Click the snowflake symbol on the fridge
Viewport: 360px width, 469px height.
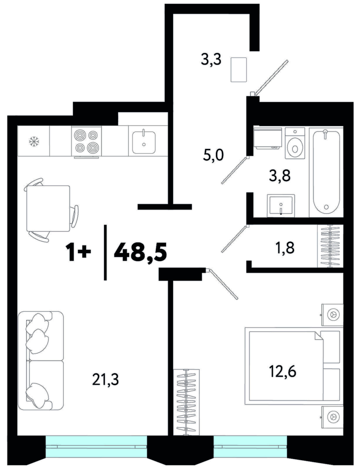coord(34,141)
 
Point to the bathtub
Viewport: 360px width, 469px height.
coord(326,172)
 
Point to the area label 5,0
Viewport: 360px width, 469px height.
coord(214,156)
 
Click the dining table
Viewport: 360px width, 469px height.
coord(48,208)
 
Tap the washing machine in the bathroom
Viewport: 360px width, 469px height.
coord(268,138)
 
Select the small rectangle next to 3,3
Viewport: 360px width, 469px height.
coord(238,69)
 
